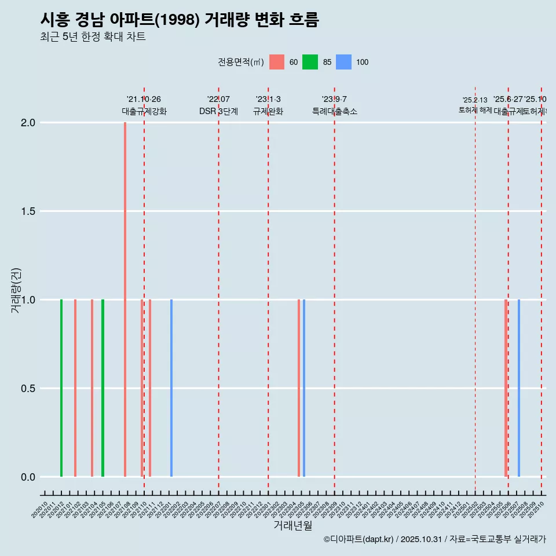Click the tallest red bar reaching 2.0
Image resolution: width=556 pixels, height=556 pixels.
click(125, 290)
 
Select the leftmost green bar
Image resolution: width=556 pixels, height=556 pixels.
click(61, 388)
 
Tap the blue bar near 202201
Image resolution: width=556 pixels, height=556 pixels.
click(171, 388)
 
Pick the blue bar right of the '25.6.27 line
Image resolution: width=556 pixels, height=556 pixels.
click(519, 388)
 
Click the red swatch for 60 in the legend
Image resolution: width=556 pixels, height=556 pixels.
click(277, 62)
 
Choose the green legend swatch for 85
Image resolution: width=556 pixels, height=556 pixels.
click(310, 62)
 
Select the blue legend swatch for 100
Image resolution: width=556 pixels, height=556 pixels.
click(344, 62)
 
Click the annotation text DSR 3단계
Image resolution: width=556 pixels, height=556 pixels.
click(218, 112)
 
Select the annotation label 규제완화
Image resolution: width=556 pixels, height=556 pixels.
click(268, 112)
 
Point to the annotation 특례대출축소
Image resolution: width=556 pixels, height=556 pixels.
click(335, 112)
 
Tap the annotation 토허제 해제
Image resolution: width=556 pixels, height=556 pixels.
click(475, 110)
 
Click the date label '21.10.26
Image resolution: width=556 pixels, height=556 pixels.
click(144, 99)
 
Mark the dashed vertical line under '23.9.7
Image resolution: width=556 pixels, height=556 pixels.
click(335, 290)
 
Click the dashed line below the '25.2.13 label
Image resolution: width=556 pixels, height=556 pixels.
click(475, 290)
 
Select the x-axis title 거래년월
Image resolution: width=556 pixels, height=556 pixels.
click(293, 525)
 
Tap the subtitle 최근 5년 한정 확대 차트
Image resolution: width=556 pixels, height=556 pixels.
click(93, 37)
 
